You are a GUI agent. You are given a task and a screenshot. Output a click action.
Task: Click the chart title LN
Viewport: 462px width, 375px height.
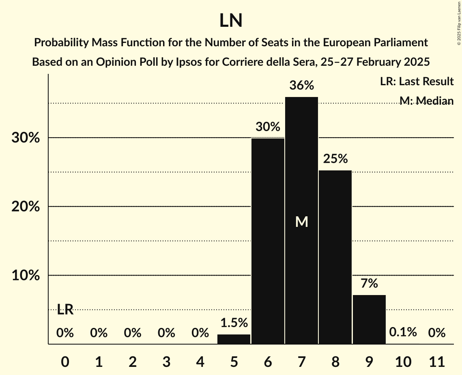point(231,21)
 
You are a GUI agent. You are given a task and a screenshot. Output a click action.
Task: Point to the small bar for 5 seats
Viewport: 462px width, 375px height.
point(234,339)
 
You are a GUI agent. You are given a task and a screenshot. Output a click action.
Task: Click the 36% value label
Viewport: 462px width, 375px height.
point(301,86)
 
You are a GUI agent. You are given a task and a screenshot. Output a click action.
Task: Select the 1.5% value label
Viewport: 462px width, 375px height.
point(234,323)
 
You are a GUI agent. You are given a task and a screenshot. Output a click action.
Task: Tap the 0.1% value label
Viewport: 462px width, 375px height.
point(403,332)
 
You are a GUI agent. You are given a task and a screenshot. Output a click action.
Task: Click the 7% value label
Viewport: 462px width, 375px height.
point(369,283)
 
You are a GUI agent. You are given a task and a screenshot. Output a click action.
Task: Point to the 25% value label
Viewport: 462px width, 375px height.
point(335,159)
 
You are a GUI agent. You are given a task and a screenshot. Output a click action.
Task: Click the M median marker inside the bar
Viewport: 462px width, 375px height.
point(301,222)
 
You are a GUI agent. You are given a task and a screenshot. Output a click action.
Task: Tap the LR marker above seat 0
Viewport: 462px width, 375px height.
point(65,310)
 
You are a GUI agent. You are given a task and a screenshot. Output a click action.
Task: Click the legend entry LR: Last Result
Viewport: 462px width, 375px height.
point(417,82)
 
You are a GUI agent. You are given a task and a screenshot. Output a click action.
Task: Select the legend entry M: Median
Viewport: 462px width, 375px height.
point(426,100)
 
